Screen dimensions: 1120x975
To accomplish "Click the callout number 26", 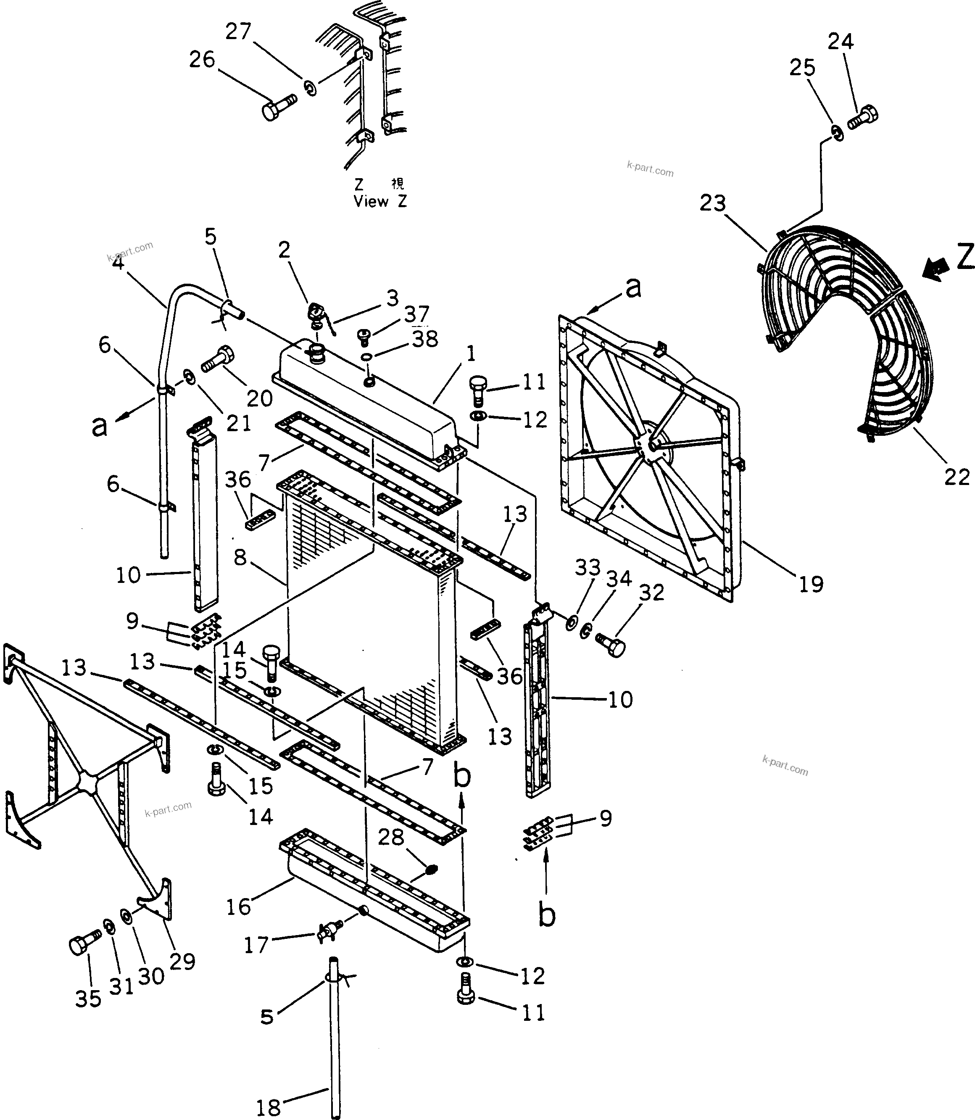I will (202, 60).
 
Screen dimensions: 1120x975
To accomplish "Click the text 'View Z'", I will (380, 201).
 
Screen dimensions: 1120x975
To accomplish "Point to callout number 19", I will (811, 585).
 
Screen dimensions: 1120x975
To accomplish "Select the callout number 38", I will (424, 340).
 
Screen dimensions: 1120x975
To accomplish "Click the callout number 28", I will (391, 837).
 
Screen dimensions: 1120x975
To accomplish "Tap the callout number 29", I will (182, 962).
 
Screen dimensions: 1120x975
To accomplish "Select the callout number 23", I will (713, 203).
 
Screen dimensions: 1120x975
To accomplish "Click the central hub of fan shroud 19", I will (650, 445).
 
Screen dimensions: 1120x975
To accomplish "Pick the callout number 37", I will (417, 314).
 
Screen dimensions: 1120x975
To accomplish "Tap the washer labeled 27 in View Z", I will (310, 87).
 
